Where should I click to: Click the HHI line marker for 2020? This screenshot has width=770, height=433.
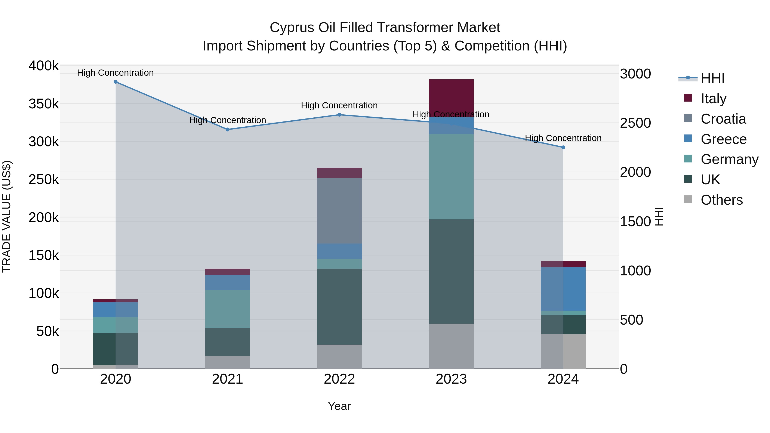[116, 82]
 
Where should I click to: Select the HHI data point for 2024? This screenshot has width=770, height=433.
[563, 147]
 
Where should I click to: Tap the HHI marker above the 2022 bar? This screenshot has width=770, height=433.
[339, 115]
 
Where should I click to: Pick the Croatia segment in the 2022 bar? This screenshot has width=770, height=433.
[339, 211]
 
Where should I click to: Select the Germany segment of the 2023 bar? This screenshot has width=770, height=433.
[451, 176]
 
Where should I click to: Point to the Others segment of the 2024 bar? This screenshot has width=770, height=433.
[563, 351]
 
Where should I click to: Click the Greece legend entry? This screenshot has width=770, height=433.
[723, 139]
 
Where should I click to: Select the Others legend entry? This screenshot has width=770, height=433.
[722, 200]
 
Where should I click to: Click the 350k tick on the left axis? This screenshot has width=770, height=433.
[44, 104]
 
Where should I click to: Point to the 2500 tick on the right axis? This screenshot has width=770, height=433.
[635, 123]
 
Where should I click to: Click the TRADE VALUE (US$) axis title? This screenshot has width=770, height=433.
[7, 216]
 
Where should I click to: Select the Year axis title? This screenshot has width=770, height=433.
[339, 406]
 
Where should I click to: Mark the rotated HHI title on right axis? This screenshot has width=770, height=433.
[659, 216]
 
